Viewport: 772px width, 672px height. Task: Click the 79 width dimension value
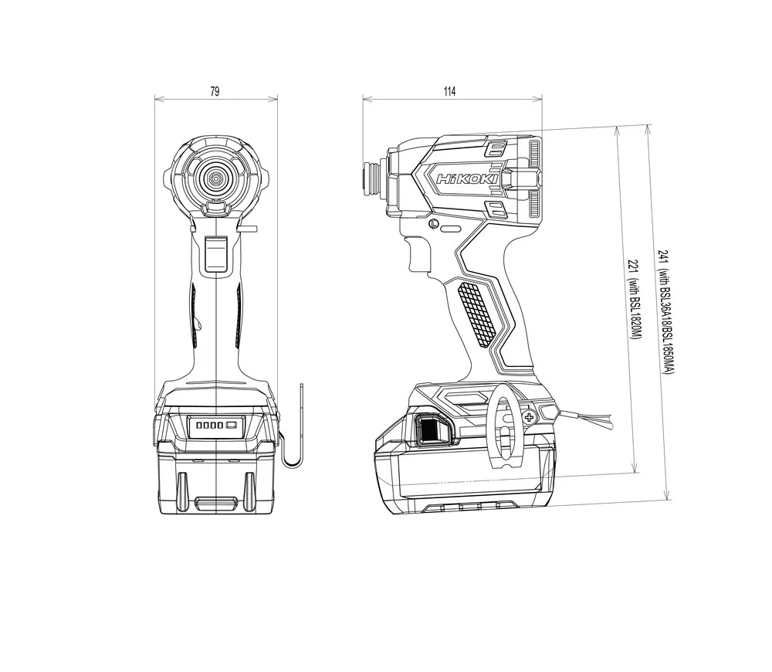215,91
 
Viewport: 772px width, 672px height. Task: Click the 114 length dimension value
449,91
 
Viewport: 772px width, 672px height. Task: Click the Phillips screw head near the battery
530,419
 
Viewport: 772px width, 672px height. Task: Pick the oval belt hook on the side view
503,425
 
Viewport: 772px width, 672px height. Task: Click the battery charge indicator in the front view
216,425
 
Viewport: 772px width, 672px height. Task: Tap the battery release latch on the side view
432,429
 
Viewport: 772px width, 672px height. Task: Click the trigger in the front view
216,253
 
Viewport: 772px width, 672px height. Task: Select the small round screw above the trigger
434,224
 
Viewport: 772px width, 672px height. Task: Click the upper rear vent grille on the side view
534,154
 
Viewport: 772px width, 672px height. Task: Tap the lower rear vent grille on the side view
534,203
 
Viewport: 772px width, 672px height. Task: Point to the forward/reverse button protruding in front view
249,228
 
